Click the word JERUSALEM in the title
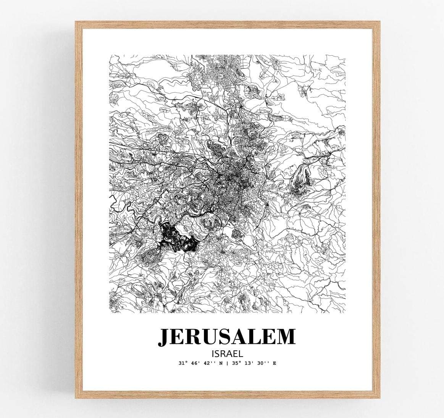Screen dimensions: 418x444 227,336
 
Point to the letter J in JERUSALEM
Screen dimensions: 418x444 165,336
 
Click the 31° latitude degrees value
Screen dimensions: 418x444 181,363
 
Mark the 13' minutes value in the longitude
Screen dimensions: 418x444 249,363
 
